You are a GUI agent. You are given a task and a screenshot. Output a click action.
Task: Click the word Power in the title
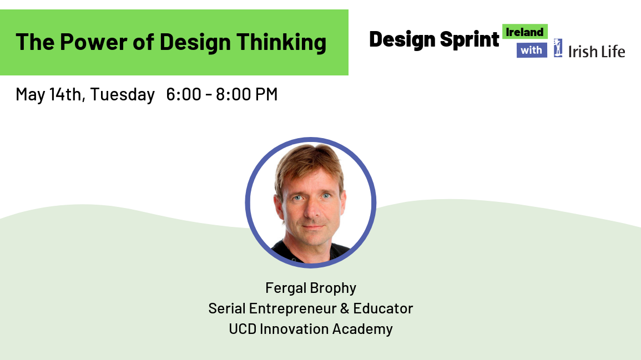[94, 42]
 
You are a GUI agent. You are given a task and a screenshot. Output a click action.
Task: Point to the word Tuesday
[122, 94]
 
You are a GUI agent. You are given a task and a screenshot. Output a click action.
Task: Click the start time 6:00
[184, 94]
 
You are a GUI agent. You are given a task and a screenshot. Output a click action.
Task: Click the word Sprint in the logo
[470, 40]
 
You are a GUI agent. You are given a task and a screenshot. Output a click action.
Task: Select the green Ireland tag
[525, 32]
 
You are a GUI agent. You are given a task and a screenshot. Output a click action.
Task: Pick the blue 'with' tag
[532, 50]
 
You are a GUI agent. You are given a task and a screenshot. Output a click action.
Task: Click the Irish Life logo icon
[558, 48]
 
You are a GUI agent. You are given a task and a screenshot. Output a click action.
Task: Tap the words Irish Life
[597, 52]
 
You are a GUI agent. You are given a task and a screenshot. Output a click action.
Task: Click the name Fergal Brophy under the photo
[311, 288]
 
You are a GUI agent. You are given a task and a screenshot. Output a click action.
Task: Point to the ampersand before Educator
[345, 308]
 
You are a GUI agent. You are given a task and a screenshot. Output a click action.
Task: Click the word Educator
[383, 308]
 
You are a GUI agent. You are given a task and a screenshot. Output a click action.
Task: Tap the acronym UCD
[243, 329]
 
